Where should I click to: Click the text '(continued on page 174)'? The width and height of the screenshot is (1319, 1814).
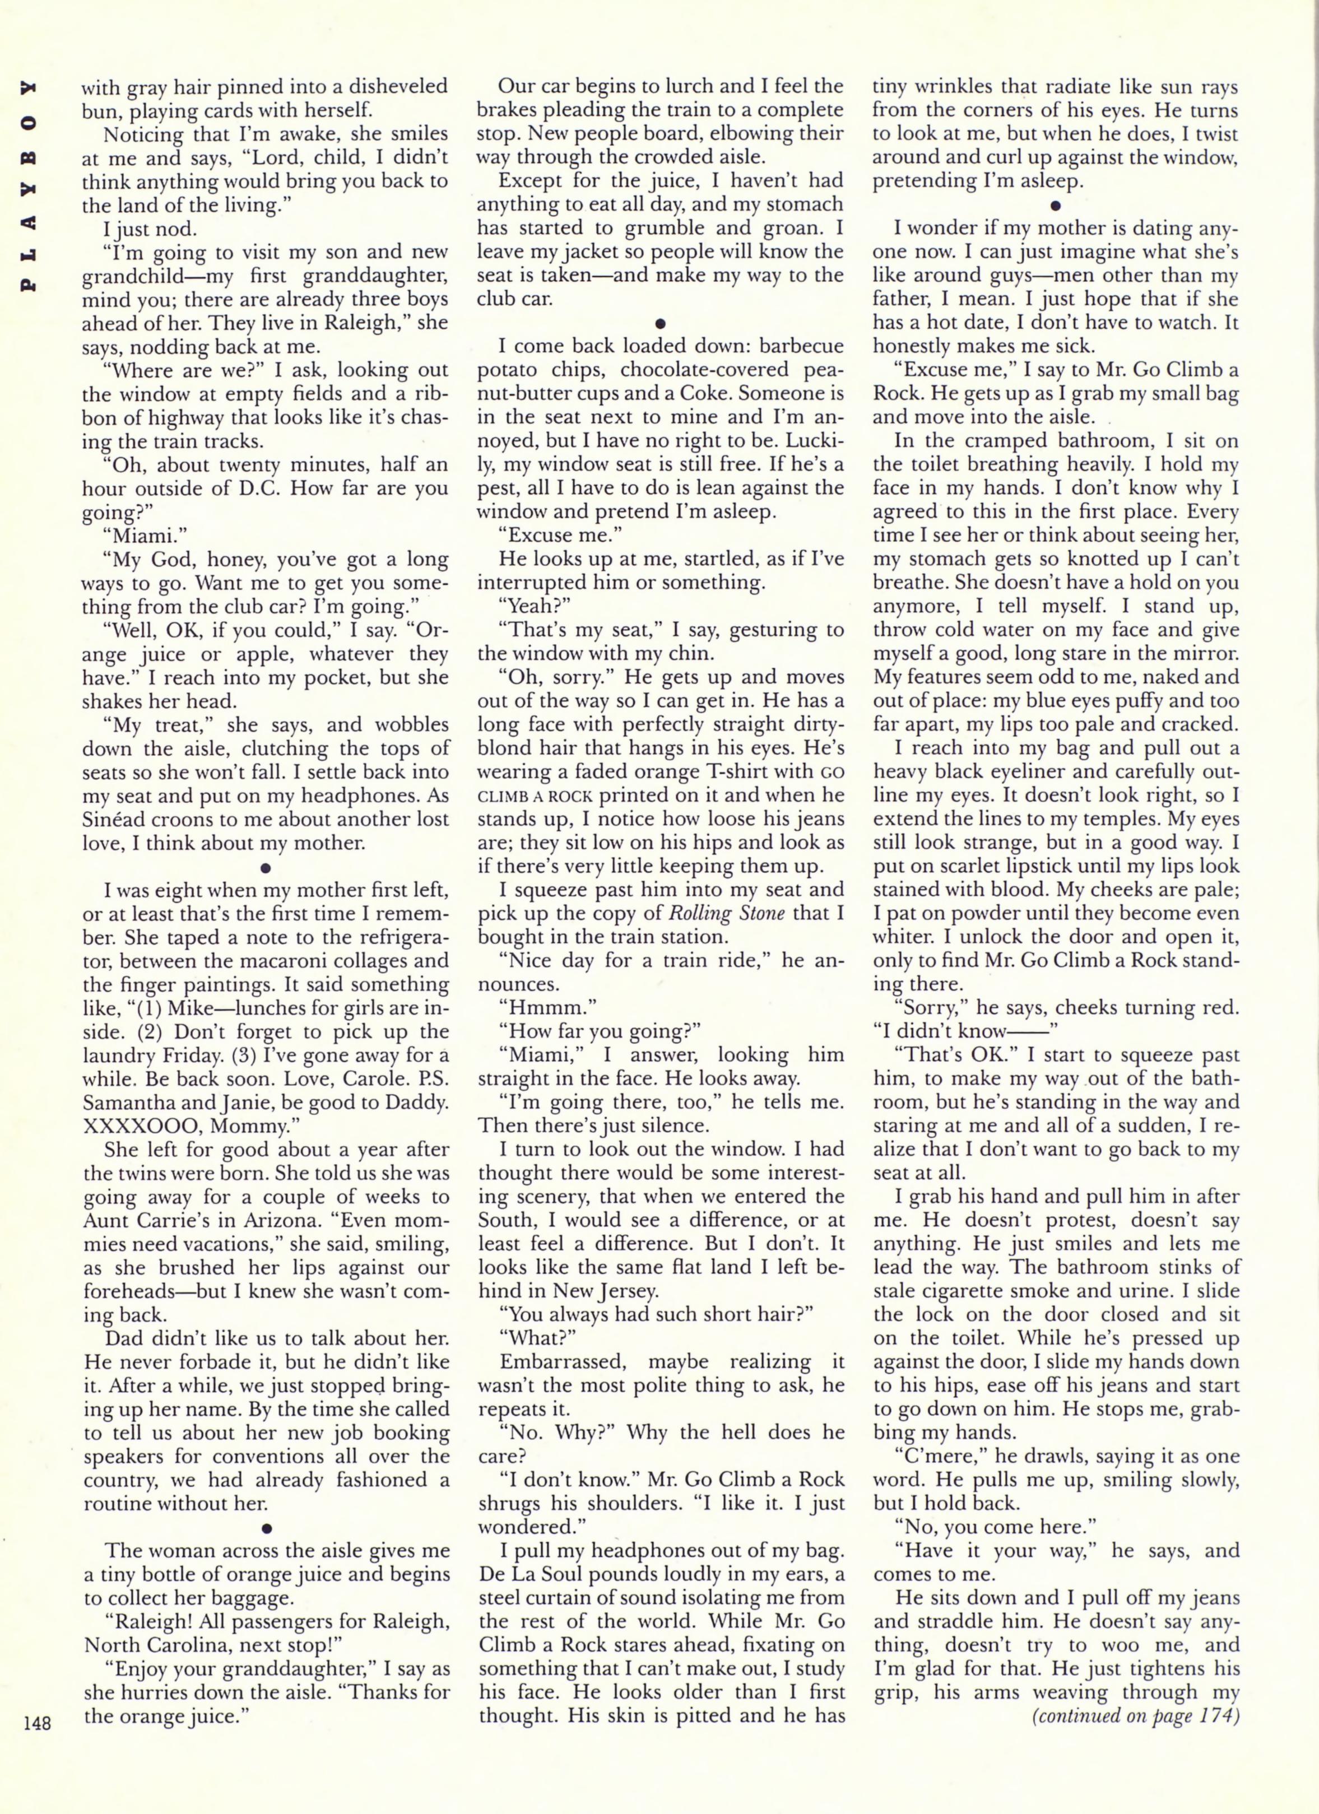coord(1136,1717)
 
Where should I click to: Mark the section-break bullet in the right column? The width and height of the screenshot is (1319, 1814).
coord(1055,204)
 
